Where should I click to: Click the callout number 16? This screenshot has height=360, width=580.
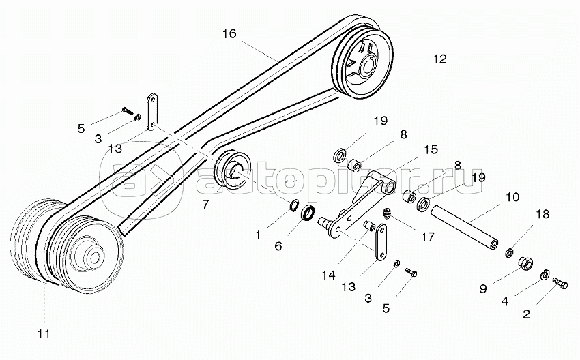point(229,33)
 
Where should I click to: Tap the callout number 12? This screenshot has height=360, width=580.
point(439,59)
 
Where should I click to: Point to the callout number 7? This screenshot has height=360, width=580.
point(206,204)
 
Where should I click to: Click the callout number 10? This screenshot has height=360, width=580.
point(512,198)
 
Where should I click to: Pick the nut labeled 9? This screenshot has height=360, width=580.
point(526,262)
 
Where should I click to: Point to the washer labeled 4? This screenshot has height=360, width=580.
point(545,275)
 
